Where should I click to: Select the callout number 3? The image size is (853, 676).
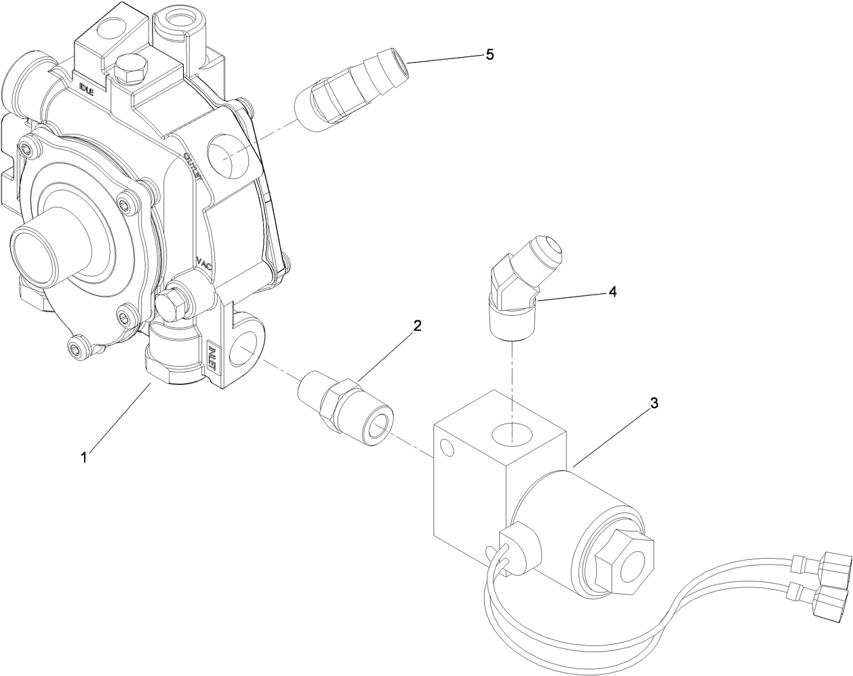click(654, 403)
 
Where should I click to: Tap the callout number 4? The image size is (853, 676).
click(612, 291)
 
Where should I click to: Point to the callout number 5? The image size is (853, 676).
click(490, 55)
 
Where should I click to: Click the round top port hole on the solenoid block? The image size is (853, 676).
click(513, 432)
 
